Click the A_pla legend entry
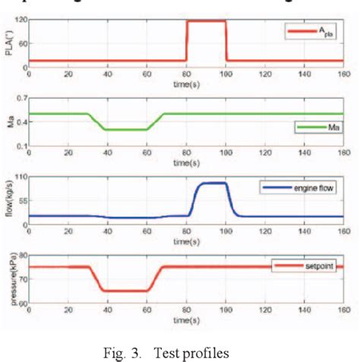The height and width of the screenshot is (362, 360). coord(311,33)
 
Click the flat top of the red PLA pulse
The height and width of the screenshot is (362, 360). coord(207,20)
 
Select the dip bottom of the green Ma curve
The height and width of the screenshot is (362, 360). coord(126,130)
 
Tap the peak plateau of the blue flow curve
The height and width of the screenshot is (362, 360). coord(213,183)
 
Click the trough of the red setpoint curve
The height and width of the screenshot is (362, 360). coord(126,291)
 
